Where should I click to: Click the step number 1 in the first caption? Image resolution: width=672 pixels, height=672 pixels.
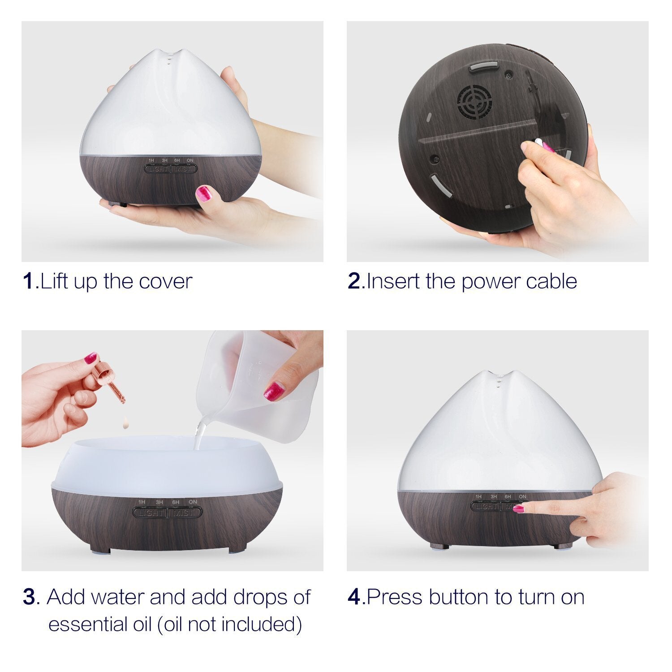point(28,281)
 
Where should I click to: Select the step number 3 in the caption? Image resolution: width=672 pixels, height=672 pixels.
point(29,597)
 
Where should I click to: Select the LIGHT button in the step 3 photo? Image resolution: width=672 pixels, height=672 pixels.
point(150,512)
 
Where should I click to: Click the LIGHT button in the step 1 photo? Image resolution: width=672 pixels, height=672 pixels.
point(157,169)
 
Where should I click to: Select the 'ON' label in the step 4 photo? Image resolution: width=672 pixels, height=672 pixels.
point(522,496)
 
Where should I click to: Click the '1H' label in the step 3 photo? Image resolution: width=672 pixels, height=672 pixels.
point(142,502)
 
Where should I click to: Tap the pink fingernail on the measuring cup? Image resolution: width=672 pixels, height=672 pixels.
point(274,391)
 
